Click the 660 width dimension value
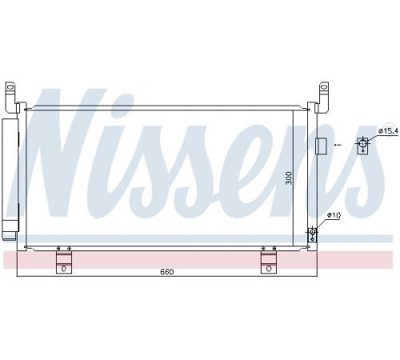[x=167, y=272]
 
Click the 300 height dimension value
[x=289, y=178]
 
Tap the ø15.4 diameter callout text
[x=389, y=130]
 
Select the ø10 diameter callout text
[x=334, y=215]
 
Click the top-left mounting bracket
[x=11, y=98]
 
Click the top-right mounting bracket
[x=322, y=98]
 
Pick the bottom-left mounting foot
[x=64, y=260]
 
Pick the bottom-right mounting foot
[x=269, y=260]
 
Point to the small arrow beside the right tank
[x=338, y=145]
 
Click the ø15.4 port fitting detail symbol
[x=362, y=146]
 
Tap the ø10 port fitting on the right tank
[x=312, y=234]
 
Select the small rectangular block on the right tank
[x=321, y=146]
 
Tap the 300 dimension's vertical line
[x=293, y=178]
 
